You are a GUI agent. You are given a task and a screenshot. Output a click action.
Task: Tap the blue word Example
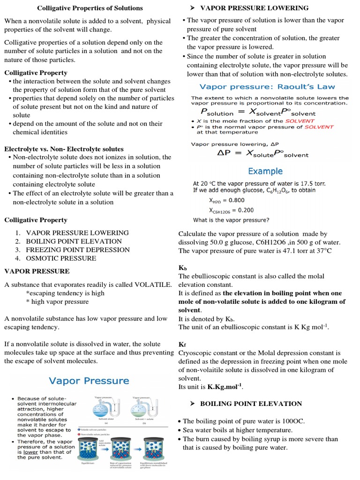tap(265, 171)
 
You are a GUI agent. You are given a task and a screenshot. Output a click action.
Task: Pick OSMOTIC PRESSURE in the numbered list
tap(61, 258)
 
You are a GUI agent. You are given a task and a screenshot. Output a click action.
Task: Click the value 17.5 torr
tap(310, 183)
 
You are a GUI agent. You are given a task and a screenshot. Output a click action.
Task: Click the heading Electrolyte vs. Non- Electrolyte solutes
tap(64, 149)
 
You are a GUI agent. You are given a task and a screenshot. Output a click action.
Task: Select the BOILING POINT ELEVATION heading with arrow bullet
tap(251, 404)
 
